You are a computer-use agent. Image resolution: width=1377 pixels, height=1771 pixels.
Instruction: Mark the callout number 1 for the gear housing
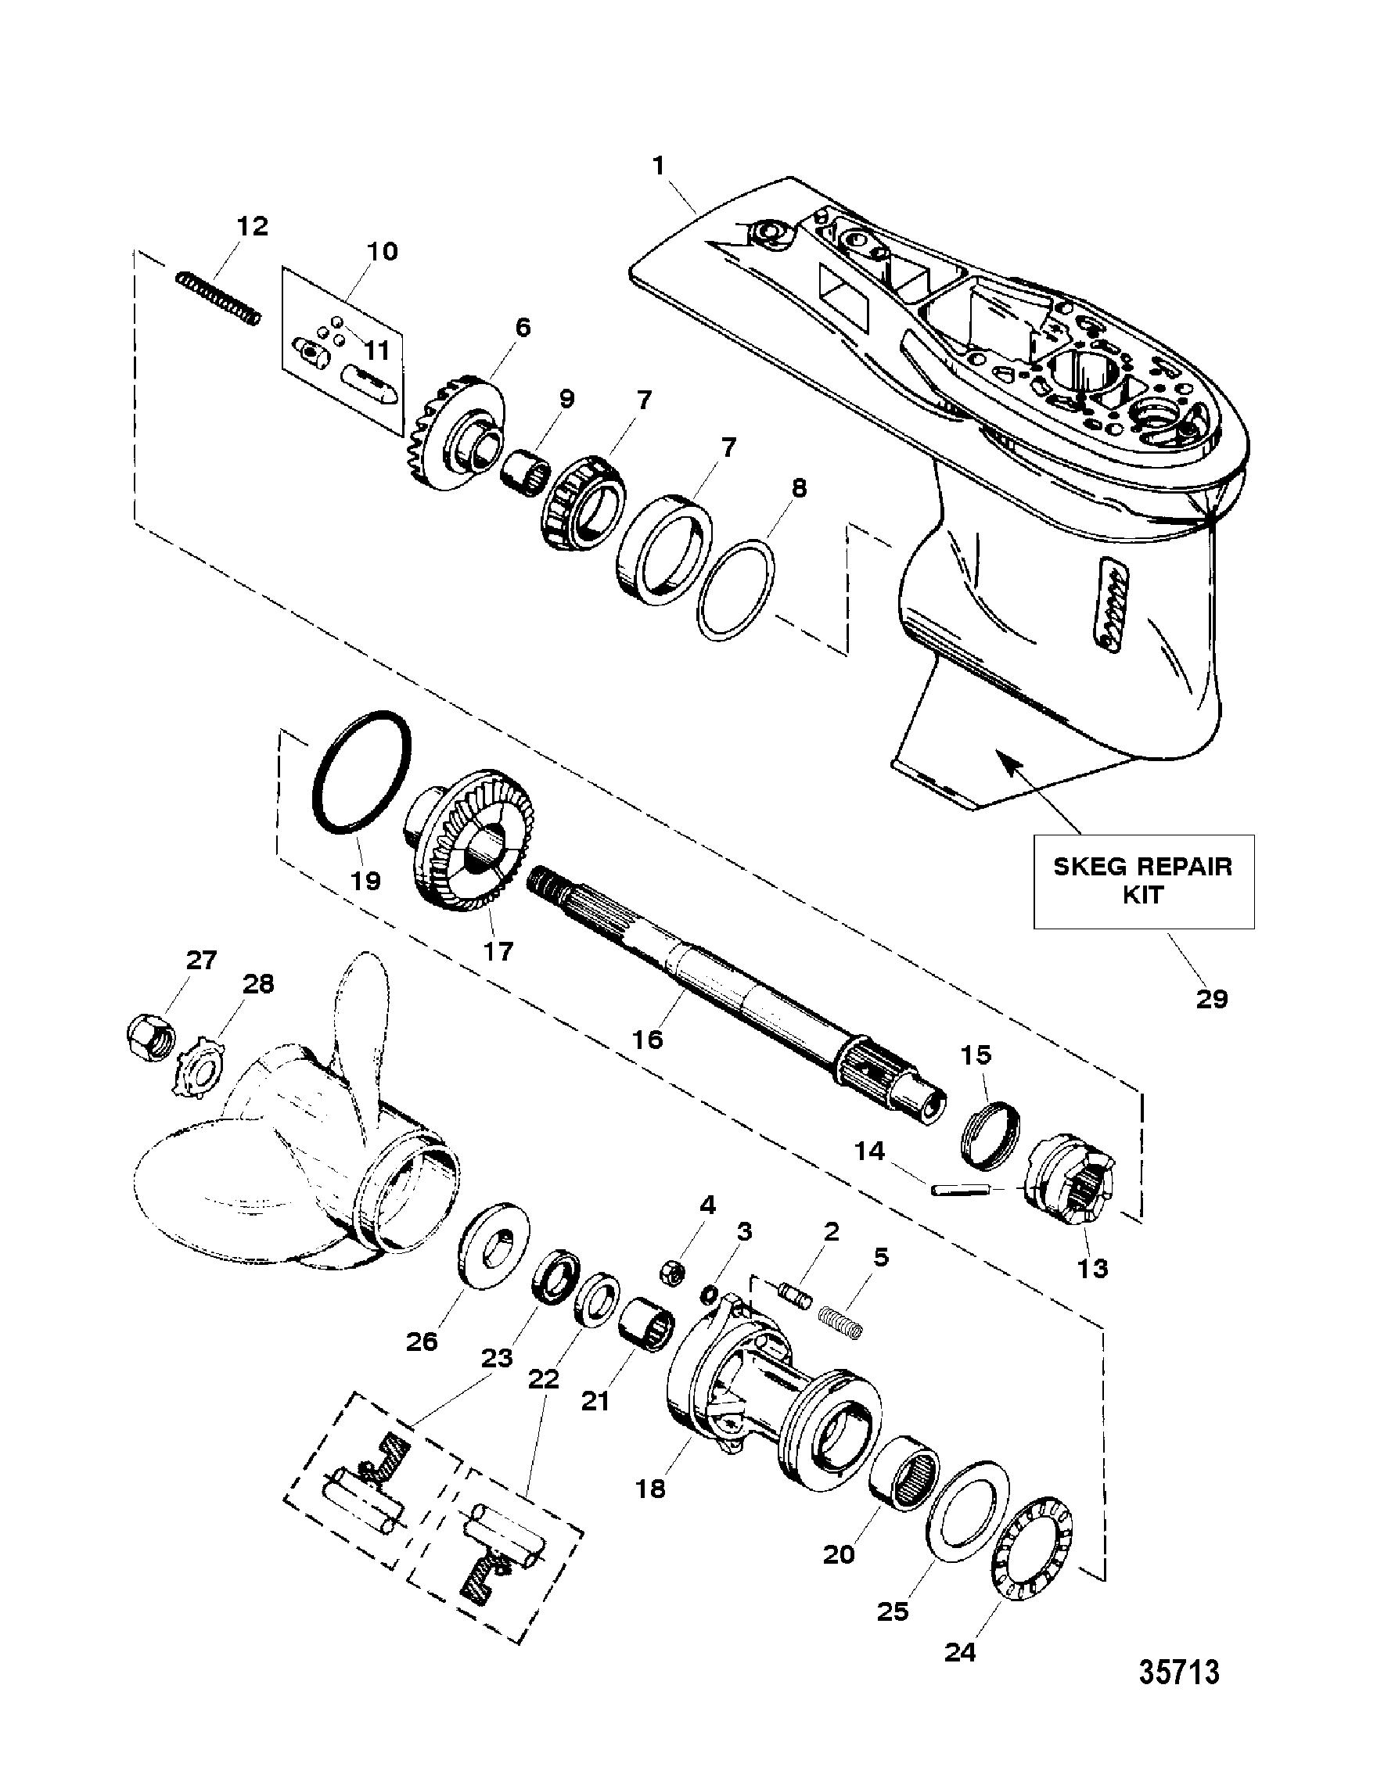659,167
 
